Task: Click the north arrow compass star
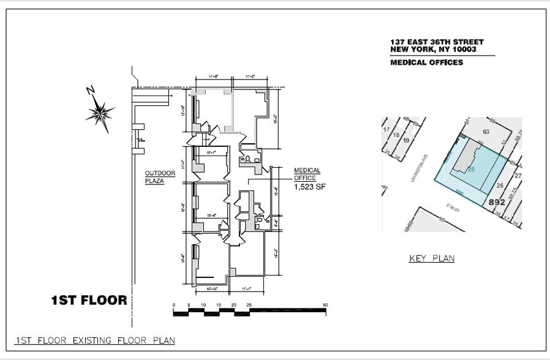(x=100, y=111)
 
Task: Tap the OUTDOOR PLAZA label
(x=160, y=177)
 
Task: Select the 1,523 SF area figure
(x=311, y=187)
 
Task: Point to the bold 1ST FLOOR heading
(x=89, y=301)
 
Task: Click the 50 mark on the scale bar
(x=325, y=305)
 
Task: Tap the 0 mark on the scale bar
(x=174, y=305)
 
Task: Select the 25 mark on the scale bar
(x=249, y=305)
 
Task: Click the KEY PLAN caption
(x=431, y=258)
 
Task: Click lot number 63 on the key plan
(x=486, y=131)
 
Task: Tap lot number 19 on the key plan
(x=406, y=140)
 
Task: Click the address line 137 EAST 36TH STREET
(x=436, y=42)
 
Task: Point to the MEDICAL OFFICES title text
(x=426, y=62)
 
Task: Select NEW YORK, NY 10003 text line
(x=432, y=50)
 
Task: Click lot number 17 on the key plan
(x=386, y=130)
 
